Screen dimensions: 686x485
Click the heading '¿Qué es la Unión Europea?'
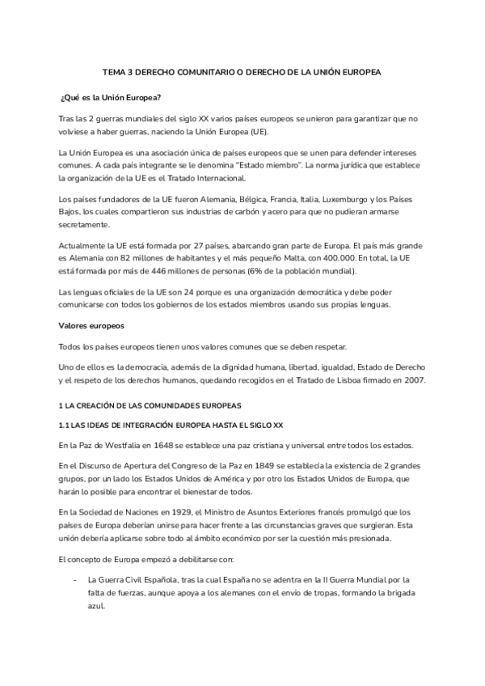click(111, 97)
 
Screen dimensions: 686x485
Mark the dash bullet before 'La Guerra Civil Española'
click(74, 580)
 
